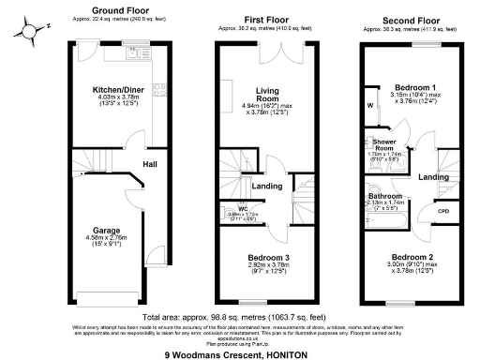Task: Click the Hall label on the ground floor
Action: (x=149, y=164)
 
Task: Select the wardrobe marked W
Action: (x=370, y=105)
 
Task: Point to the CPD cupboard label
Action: (x=443, y=212)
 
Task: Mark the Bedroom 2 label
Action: (x=412, y=256)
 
